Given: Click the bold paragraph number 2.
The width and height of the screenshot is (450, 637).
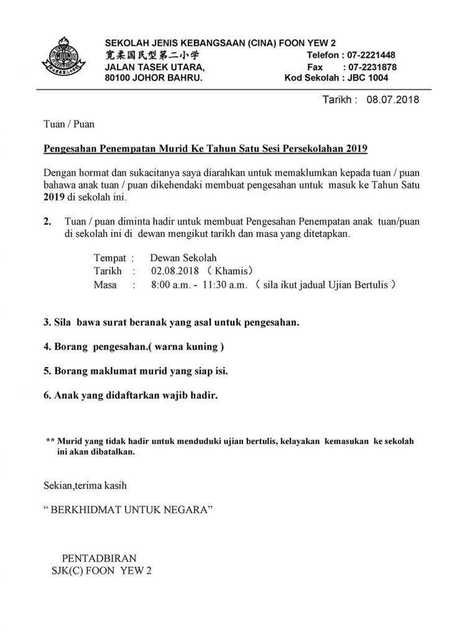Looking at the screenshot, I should (48, 221).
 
